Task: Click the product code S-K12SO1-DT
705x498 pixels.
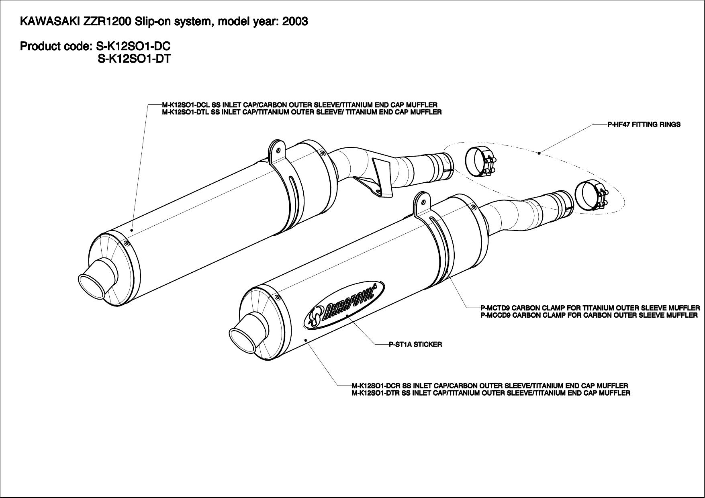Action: (134, 59)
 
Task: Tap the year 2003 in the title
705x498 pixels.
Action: (295, 21)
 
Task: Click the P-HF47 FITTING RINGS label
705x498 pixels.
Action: (644, 124)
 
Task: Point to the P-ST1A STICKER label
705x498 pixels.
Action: (415, 344)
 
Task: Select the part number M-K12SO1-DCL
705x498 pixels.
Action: (185, 105)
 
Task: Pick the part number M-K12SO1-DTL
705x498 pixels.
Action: (185, 112)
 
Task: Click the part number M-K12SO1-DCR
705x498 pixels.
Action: (376, 386)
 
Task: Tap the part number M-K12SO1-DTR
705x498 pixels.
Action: (376, 393)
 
